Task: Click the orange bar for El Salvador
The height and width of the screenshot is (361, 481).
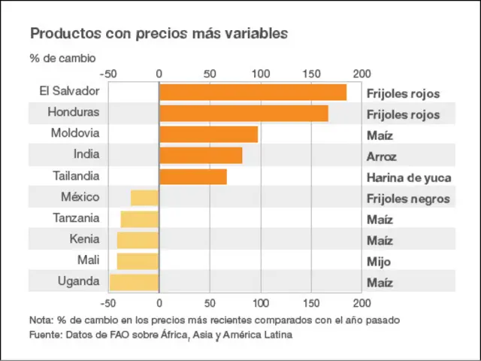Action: (x=253, y=93)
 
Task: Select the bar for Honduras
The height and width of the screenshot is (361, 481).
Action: (x=244, y=114)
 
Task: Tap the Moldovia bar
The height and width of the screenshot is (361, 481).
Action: (x=208, y=135)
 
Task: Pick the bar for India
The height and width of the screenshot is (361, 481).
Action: (x=201, y=156)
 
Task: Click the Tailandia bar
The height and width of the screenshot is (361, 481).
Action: (x=193, y=177)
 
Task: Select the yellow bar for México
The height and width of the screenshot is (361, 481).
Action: (x=144, y=198)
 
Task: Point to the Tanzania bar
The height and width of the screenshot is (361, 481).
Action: (x=140, y=219)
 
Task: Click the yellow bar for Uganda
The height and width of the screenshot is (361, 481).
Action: (x=135, y=282)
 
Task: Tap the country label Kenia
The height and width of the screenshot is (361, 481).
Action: (x=83, y=240)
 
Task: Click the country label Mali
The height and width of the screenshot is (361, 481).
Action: (x=88, y=261)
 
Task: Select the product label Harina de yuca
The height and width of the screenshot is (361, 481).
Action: (x=409, y=178)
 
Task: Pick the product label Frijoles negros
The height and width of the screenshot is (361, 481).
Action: (x=408, y=199)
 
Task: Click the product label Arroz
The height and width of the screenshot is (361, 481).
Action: (x=382, y=157)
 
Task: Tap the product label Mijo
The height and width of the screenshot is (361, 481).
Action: (x=379, y=262)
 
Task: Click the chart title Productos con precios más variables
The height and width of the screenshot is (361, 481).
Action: (x=158, y=34)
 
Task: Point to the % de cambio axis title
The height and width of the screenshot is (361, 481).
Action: (x=63, y=58)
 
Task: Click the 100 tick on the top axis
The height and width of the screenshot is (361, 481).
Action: (x=260, y=74)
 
